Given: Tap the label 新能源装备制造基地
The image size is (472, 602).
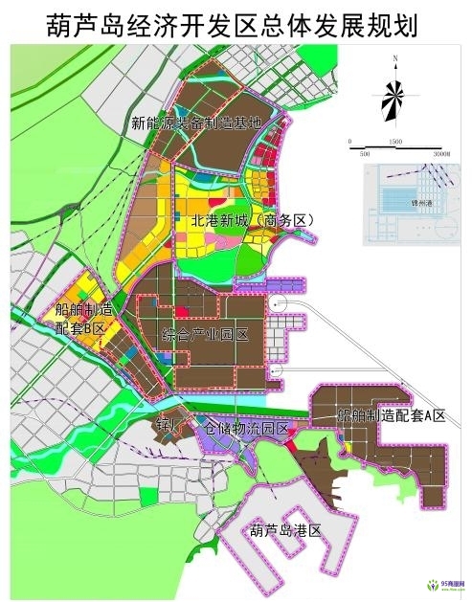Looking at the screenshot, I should coord(197,123).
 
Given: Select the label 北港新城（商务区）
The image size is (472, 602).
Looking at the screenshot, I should coord(246,222).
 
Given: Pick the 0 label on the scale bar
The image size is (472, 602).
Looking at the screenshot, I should coord(350,142).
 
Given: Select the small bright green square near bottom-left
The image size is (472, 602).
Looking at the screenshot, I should coord(146,495).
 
